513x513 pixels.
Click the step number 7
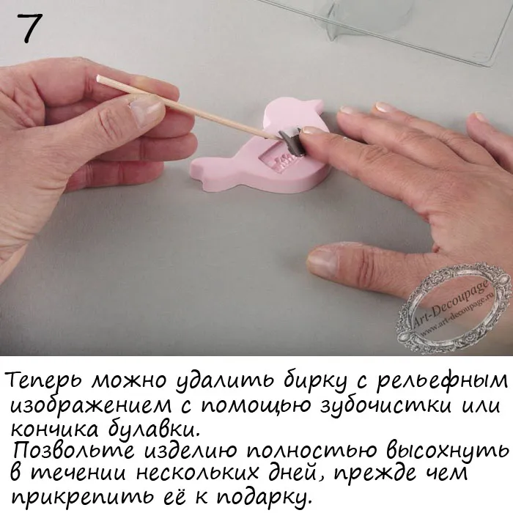(29, 29)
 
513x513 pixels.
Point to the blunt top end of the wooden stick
(98, 78)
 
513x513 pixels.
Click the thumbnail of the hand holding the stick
(147, 112)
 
